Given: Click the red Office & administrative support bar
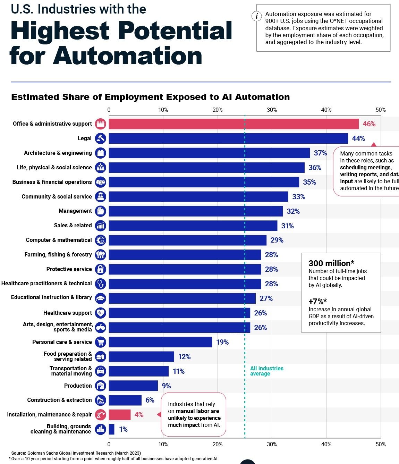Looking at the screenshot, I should pyautogui.click(x=234, y=124).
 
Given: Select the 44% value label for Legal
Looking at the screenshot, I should pyautogui.click(x=358, y=138).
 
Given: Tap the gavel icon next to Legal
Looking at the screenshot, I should pyautogui.click(x=101, y=138).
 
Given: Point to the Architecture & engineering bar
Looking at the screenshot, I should pyautogui.click(x=209, y=153).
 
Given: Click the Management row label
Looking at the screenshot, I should pyautogui.click(x=75, y=211).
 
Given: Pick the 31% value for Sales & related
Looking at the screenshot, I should pyautogui.click(x=287, y=226).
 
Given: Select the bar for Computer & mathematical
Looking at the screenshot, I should pyautogui.click(x=187, y=240).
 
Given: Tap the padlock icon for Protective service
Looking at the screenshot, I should pyautogui.click(x=101, y=269).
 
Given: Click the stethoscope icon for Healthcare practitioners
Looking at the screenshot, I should pyautogui.click(x=101, y=284).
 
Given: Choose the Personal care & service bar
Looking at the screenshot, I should pyautogui.click(x=160, y=342).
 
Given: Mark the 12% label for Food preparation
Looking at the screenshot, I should pyautogui.click(x=184, y=357).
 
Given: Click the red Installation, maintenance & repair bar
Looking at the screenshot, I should pyautogui.click(x=120, y=415).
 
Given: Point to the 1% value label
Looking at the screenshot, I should pyautogui.click(x=123, y=429).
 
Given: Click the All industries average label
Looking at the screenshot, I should pyautogui.click(x=266, y=371).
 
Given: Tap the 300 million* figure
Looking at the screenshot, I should pyautogui.click(x=331, y=263).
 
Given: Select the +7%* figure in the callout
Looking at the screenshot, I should pyautogui.click(x=317, y=301).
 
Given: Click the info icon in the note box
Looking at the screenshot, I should pyautogui.click(x=256, y=16).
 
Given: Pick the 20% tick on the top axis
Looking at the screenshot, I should pyautogui.click(x=218, y=110).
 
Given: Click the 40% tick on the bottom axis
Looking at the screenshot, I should pyautogui.click(x=326, y=444).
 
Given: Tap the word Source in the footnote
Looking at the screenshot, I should pyautogui.click(x=18, y=453).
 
